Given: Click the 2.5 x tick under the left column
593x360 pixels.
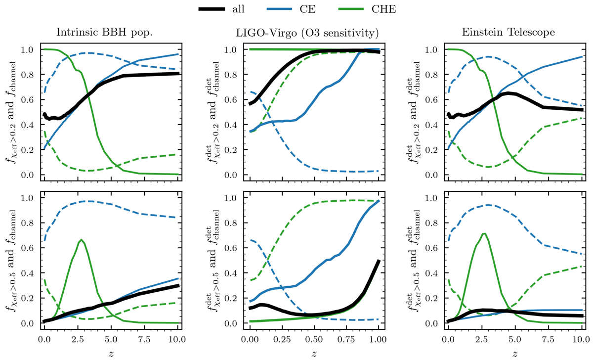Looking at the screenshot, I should pyautogui.click(x=78, y=340).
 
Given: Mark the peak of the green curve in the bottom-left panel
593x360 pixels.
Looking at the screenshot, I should pyautogui.click(x=82, y=240).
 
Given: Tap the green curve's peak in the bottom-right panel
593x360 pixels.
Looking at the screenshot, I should pyautogui.click(x=484, y=233).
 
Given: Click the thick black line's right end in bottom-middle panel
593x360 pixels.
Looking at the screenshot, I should pyautogui.click(x=379, y=261).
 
